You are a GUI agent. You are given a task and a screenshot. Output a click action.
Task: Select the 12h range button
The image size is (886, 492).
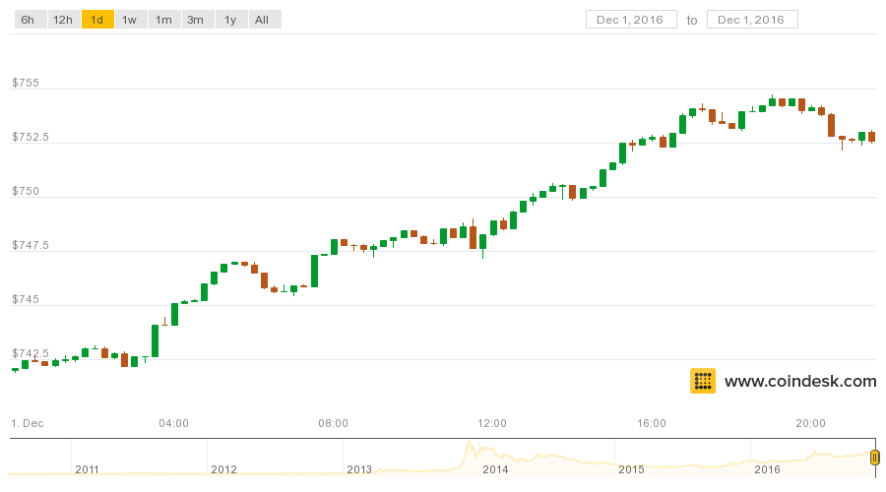(64, 20)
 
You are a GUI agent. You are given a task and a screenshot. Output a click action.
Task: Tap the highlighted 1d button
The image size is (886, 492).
(97, 20)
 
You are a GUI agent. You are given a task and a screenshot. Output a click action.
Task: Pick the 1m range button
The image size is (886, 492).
(164, 20)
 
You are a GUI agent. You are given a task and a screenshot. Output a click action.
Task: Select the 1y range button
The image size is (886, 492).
(231, 20)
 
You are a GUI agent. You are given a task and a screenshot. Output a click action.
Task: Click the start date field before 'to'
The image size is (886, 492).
(631, 20)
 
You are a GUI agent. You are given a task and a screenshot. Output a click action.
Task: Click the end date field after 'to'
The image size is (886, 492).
(752, 20)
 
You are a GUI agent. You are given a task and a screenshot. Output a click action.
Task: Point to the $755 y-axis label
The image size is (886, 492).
(26, 83)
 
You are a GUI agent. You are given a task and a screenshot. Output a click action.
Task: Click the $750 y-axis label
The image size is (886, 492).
(26, 192)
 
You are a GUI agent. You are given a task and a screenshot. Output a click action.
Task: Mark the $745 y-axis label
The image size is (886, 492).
(26, 299)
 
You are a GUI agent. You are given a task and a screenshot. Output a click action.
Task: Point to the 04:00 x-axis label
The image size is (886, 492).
(173, 423)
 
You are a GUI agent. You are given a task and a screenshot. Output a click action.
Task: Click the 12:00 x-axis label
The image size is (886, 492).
(491, 423)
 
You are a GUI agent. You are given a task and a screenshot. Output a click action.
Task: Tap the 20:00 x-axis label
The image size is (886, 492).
(810, 423)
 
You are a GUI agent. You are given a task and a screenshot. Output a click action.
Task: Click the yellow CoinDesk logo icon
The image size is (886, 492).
(703, 381)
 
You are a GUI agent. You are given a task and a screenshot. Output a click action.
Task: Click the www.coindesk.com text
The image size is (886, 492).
(800, 382)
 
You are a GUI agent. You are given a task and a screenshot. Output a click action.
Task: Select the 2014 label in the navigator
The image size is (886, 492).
(495, 469)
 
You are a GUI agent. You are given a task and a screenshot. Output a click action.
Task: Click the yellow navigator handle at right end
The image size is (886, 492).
(875, 458)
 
